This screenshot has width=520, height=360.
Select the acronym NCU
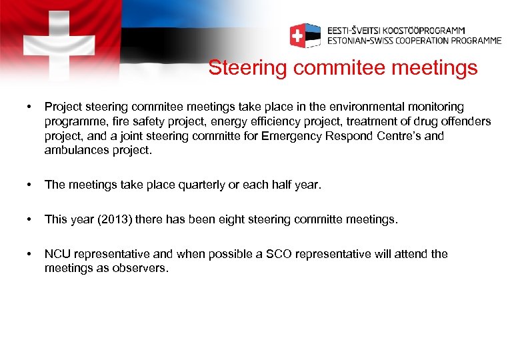pyautogui.click(x=57, y=254)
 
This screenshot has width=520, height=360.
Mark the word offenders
pyautogui.click(x=464, y=121)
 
